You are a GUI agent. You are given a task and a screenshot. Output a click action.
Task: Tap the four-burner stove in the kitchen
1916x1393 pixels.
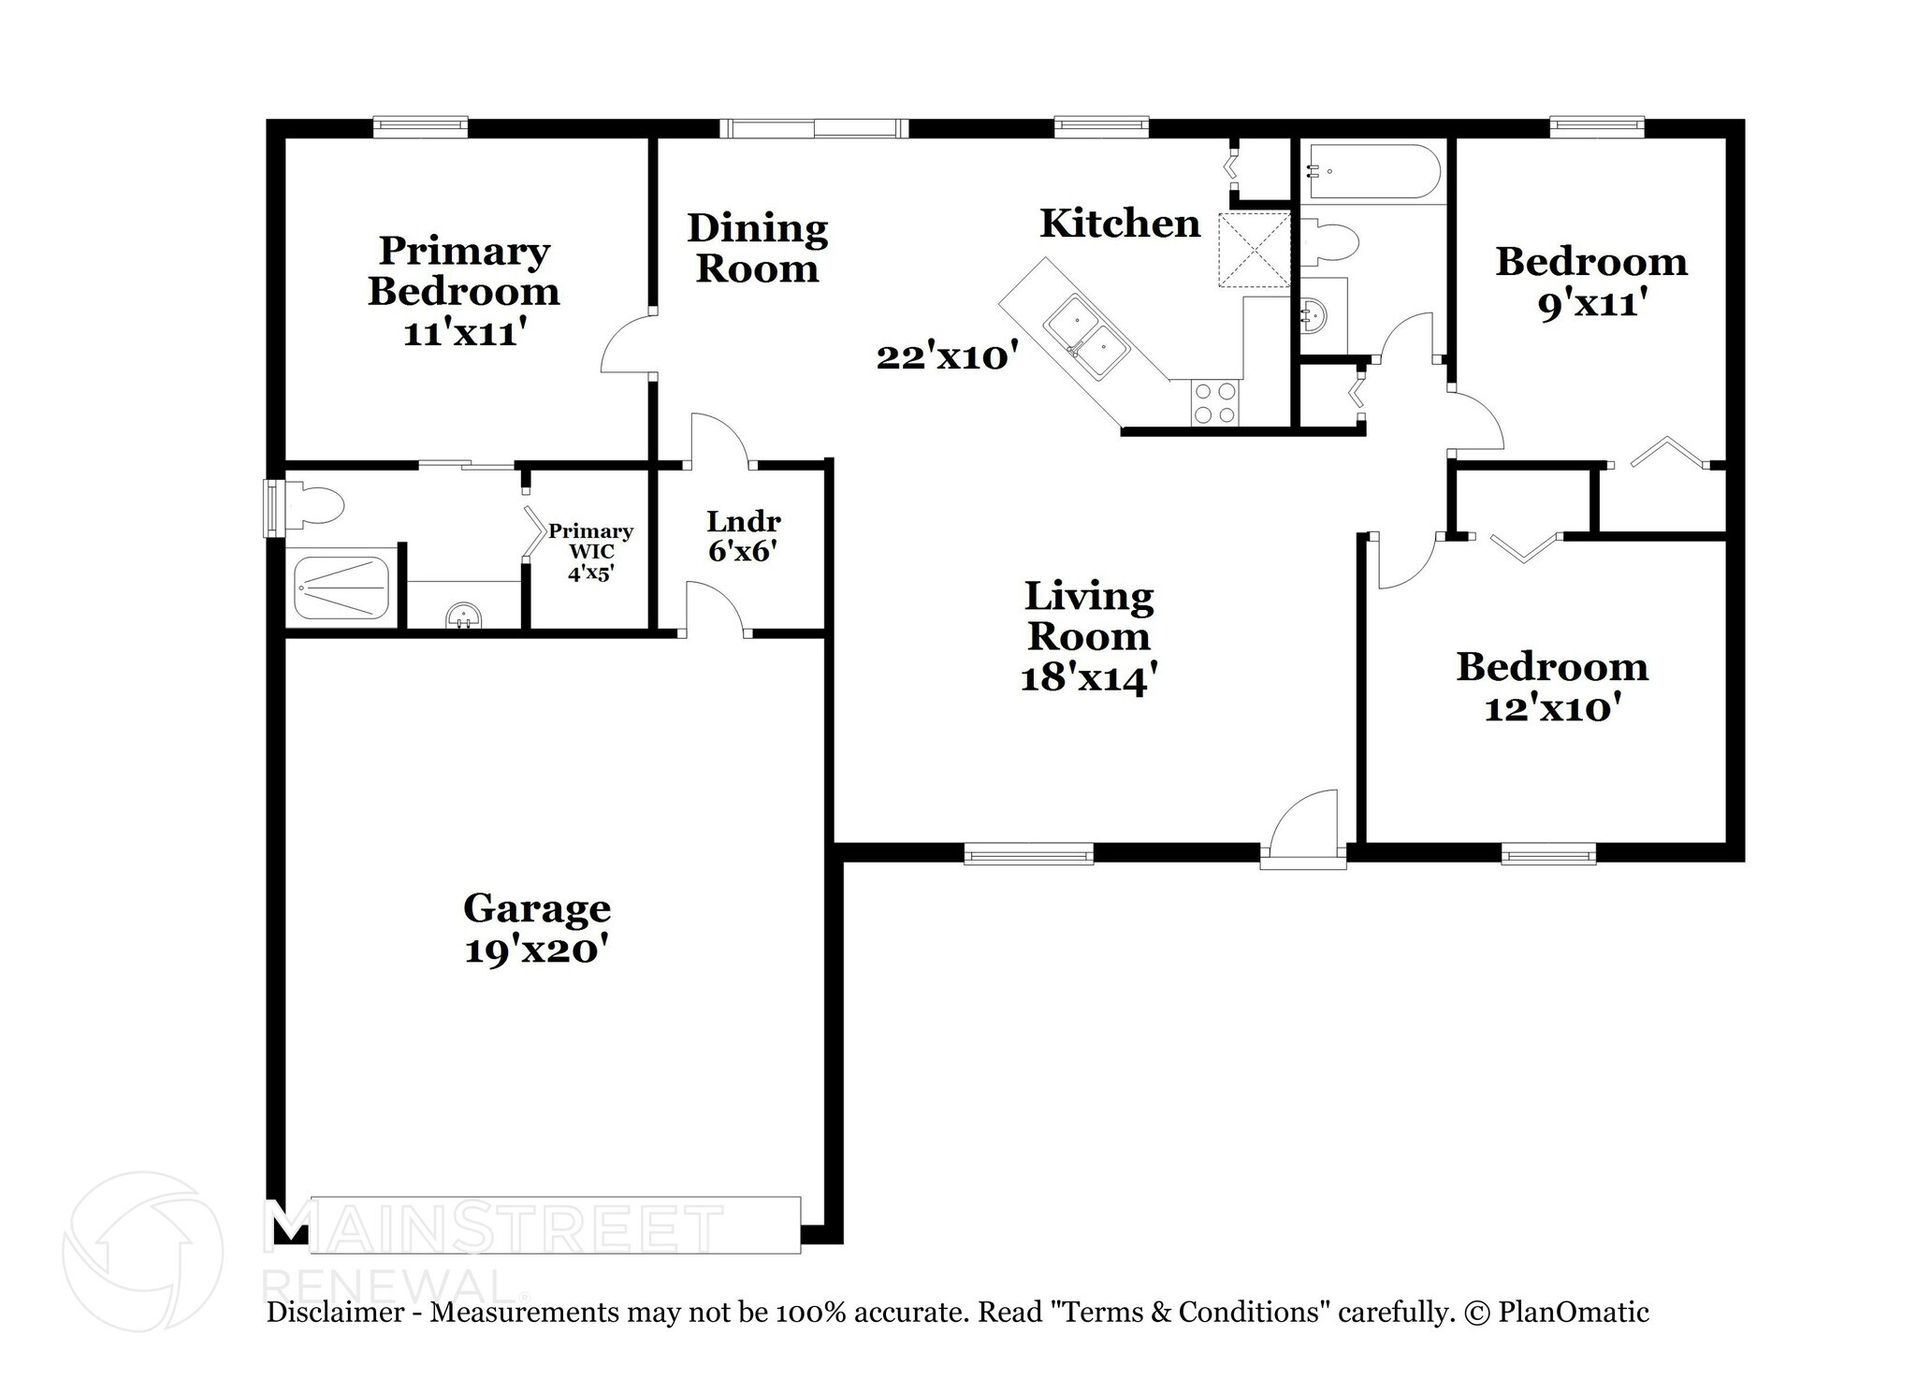[x=1214, y=403]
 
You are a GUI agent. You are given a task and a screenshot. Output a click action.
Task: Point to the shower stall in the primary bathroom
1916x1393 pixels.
[x=342, y=587]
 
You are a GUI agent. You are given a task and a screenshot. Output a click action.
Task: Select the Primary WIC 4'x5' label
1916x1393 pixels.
[x=590, y=552]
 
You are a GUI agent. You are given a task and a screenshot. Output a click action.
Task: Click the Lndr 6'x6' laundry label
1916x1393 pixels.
[x=743, y=536]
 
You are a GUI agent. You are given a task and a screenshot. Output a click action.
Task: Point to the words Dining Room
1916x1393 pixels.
[x=758, y=248]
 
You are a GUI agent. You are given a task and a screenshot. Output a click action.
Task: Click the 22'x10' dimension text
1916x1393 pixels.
[x=947, y=356]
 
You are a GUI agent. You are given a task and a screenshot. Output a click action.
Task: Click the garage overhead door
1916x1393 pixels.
[x=555, y=1224]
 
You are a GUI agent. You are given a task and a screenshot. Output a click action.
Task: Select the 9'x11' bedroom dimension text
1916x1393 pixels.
[x=1591, y=303]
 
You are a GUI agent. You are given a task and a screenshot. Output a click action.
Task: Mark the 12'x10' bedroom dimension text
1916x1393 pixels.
[x=1552, y=708]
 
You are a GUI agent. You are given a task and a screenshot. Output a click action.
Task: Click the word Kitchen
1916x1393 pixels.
[x=1120, y=224]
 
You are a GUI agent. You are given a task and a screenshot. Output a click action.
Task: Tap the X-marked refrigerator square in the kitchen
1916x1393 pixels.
[x=1254, y=249]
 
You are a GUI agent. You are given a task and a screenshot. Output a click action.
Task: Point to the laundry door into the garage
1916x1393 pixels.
[x=716, y=608]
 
